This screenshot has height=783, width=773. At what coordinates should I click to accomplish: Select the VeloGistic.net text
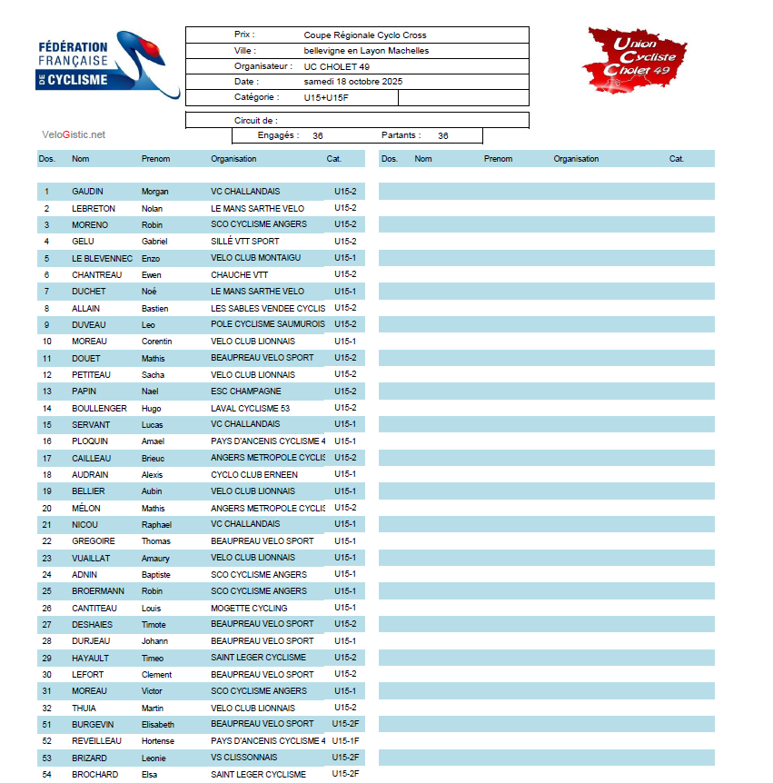click(74, 134)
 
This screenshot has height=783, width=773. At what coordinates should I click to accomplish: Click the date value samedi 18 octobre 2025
click(352, 81)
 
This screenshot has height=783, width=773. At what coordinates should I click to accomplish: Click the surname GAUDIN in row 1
click(87, 192)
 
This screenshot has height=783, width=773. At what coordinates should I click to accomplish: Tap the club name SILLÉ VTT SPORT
click(244, 242)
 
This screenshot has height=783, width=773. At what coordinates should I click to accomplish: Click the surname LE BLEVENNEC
click(102, 258)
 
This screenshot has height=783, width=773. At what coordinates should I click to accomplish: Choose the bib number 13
click(47, 391)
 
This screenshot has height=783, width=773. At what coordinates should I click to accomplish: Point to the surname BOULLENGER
click(99, 408)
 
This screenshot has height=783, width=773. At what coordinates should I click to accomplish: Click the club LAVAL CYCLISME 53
click(250, 408)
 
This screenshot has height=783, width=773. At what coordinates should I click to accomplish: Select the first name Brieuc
click(153, 458)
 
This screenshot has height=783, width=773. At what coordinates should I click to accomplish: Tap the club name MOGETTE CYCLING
click(249, 608)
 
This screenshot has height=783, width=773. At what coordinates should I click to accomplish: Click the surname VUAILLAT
click(91, 558)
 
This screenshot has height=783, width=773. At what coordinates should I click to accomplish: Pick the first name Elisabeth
click(157, 724)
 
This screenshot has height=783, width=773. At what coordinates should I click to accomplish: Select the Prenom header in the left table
click(155, 159)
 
